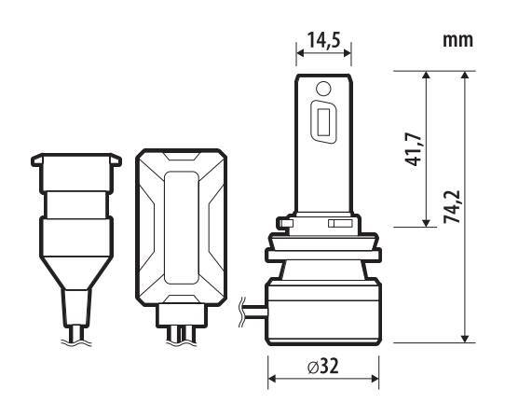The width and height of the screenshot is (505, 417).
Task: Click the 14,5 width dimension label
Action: [323, 40]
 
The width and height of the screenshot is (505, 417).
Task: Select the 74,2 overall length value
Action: [452, 207]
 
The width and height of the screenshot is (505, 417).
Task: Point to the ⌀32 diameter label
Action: [323, 366]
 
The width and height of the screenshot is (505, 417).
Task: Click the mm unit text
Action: [457, 40]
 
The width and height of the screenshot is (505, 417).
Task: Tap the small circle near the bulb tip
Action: [323, 89]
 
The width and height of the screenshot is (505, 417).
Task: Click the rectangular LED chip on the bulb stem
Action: [323, 122]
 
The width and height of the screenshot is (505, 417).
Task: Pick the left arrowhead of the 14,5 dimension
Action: [300, 53]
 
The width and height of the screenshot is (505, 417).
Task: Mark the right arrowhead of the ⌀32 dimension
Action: [375, 378]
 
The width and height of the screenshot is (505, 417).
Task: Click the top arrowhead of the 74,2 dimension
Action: [464, 76]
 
